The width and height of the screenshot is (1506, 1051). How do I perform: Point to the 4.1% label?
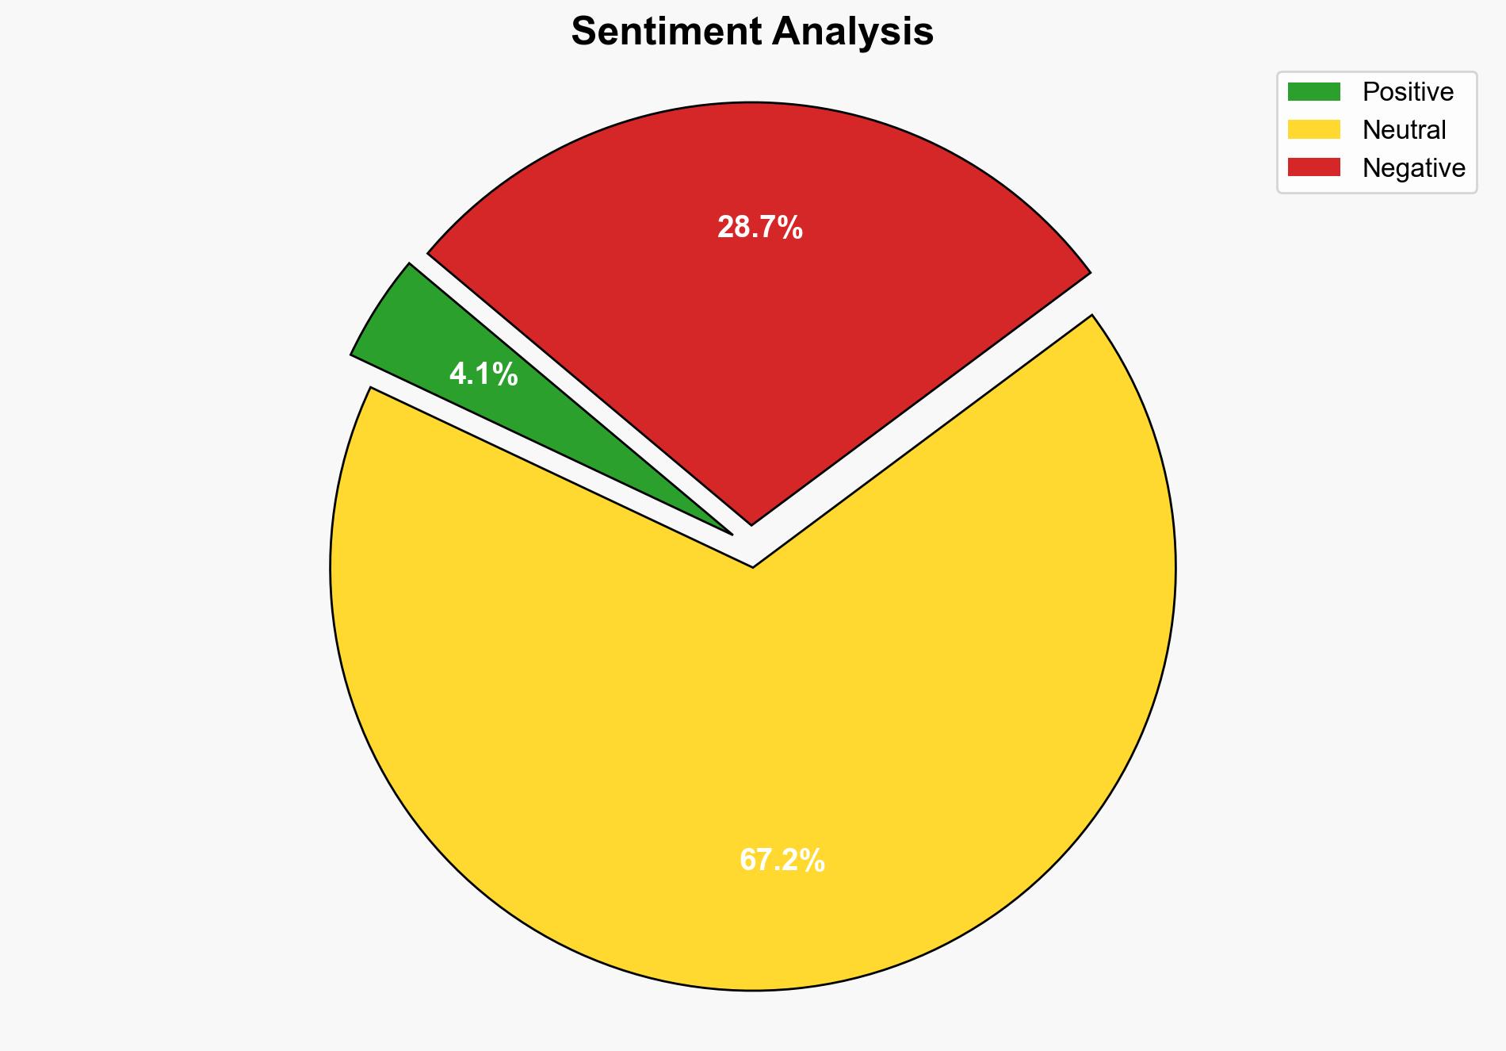[484, 374]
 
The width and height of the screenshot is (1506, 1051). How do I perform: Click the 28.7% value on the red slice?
[759, 228]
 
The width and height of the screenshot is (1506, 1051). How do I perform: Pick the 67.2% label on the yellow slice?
[782, 860]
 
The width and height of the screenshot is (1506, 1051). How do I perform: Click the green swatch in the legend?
[1313, 92]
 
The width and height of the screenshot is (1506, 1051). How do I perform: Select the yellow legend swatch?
[1313, 129]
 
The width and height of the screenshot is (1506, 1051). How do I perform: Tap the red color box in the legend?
[1313, 167]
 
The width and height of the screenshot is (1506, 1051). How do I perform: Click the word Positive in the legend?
[1408, 92]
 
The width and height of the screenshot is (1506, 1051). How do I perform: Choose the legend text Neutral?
[1404, 129]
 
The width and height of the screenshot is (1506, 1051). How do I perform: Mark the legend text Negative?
[1413, 167]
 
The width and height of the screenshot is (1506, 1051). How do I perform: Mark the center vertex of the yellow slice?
[752, 566]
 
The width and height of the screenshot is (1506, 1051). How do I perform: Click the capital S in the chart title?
[583, 33]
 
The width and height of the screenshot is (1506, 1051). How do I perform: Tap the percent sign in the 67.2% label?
[813, 860]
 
